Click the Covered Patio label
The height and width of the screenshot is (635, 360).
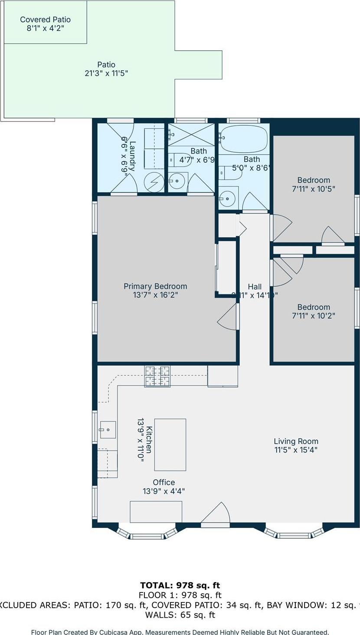[x=45, y=20]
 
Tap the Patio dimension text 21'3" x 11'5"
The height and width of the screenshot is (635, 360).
[x=106, y=73]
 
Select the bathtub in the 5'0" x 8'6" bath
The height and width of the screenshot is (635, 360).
[x=243, y=138]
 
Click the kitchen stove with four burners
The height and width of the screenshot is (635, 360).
[x=157, y=376]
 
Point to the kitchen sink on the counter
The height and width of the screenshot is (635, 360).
[x=107, y=430]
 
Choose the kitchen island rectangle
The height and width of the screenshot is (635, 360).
[x=170, y=445]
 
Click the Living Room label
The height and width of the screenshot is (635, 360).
[x=296, y=441]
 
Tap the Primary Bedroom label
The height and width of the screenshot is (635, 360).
[x=155, y=286]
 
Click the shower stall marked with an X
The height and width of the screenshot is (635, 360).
[x=191, y=134]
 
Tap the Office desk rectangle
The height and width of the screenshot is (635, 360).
[x=156, y=512]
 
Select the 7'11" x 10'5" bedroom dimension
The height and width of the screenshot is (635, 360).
[x=313, y=189]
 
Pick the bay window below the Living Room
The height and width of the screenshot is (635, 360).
[x=294, y=533]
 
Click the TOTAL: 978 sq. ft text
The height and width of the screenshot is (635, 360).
[x=180, y=586]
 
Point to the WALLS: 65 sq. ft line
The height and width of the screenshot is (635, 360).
[x=180, y=615]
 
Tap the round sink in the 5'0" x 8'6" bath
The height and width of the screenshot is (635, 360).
[x=226, y=199]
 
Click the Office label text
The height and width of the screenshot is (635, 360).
[x=164, y=482]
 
